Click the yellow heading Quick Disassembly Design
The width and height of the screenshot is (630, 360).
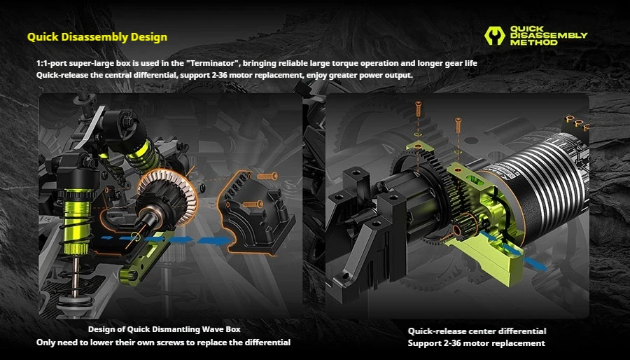[97, 37]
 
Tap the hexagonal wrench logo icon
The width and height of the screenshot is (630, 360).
[494, 35]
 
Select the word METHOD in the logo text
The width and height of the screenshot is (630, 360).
[533, 42]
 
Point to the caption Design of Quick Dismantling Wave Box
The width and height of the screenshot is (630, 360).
[164, 329]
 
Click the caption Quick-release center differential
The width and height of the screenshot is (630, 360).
[477, 331]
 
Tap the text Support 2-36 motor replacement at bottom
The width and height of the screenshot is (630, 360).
[477, 343]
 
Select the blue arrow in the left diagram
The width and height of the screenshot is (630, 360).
[167, 240]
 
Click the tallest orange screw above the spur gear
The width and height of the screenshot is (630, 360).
[419, 110]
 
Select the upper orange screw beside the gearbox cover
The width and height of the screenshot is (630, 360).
[267, 176]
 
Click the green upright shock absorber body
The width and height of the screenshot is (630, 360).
[78, 222]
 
